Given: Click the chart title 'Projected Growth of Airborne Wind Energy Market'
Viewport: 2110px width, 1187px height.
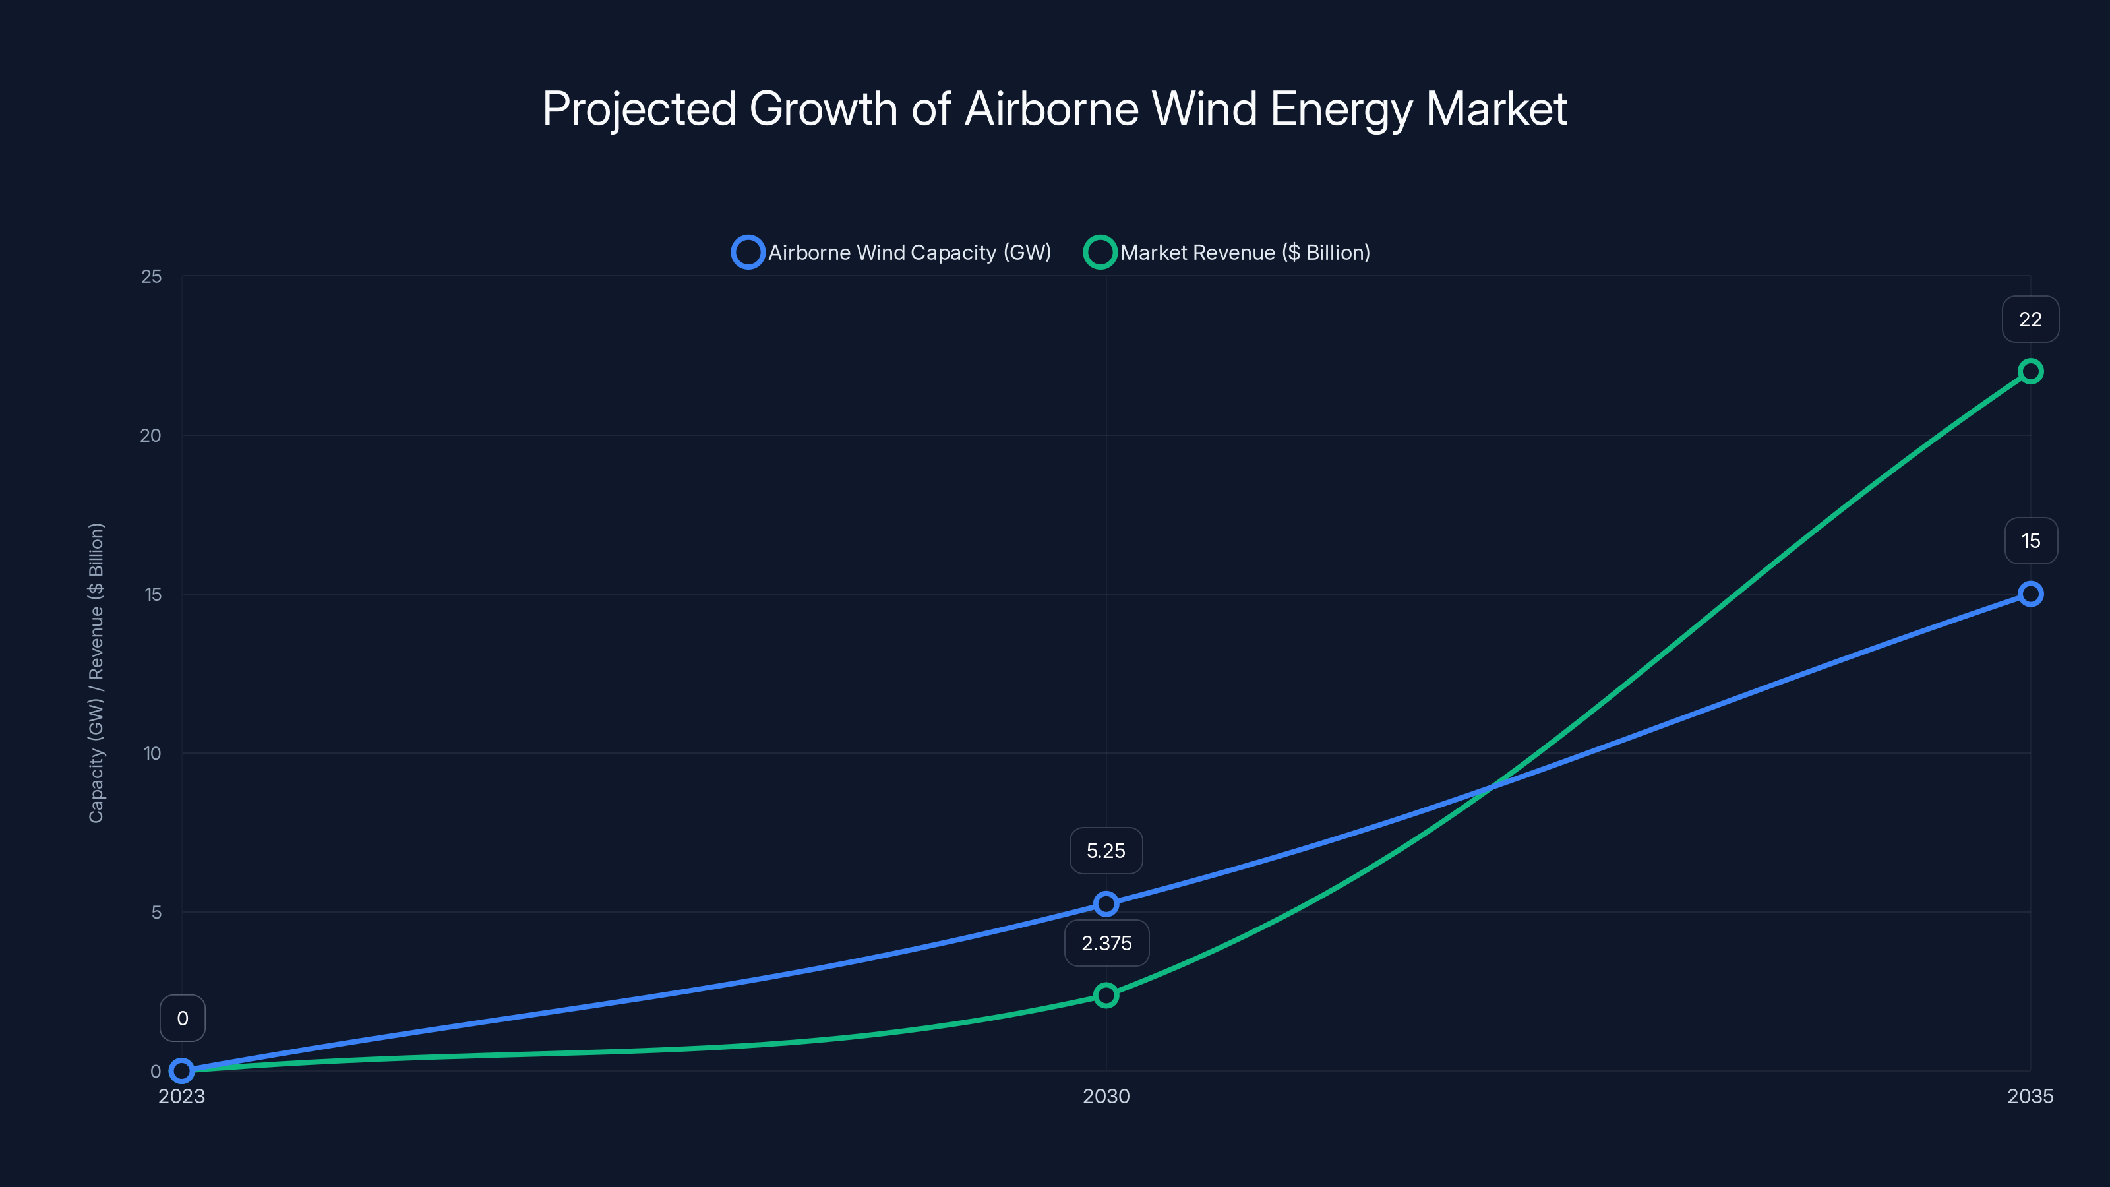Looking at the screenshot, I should [1054, 109].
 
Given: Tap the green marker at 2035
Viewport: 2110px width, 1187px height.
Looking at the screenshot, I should [2030, 372].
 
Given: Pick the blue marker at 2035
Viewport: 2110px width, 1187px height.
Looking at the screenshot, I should [2030, 594].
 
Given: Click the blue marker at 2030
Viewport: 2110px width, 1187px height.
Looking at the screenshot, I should [1106, 904].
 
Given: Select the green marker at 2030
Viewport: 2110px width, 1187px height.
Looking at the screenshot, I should [1106, 995].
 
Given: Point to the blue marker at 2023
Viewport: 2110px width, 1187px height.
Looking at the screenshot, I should [182, 1071].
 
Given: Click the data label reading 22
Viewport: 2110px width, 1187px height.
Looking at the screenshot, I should [2030, 319].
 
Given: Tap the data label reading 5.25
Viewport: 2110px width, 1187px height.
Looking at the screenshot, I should [1106, 851].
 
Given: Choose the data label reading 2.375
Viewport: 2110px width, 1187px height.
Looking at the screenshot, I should [1106, 944].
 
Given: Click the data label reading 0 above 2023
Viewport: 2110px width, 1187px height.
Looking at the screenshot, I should [182, 1018].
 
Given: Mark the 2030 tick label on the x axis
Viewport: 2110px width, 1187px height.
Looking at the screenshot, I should [1106, 1096].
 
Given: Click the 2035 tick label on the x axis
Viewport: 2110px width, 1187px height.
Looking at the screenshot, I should [2030, 1096].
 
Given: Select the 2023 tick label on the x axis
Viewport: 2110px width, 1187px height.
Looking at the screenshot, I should [182, 1096].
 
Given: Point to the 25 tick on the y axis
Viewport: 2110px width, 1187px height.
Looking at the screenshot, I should [152, 277].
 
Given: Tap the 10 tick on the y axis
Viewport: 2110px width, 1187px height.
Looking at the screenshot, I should [152, 754].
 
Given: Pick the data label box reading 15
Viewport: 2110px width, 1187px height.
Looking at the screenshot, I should [2030, 541].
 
